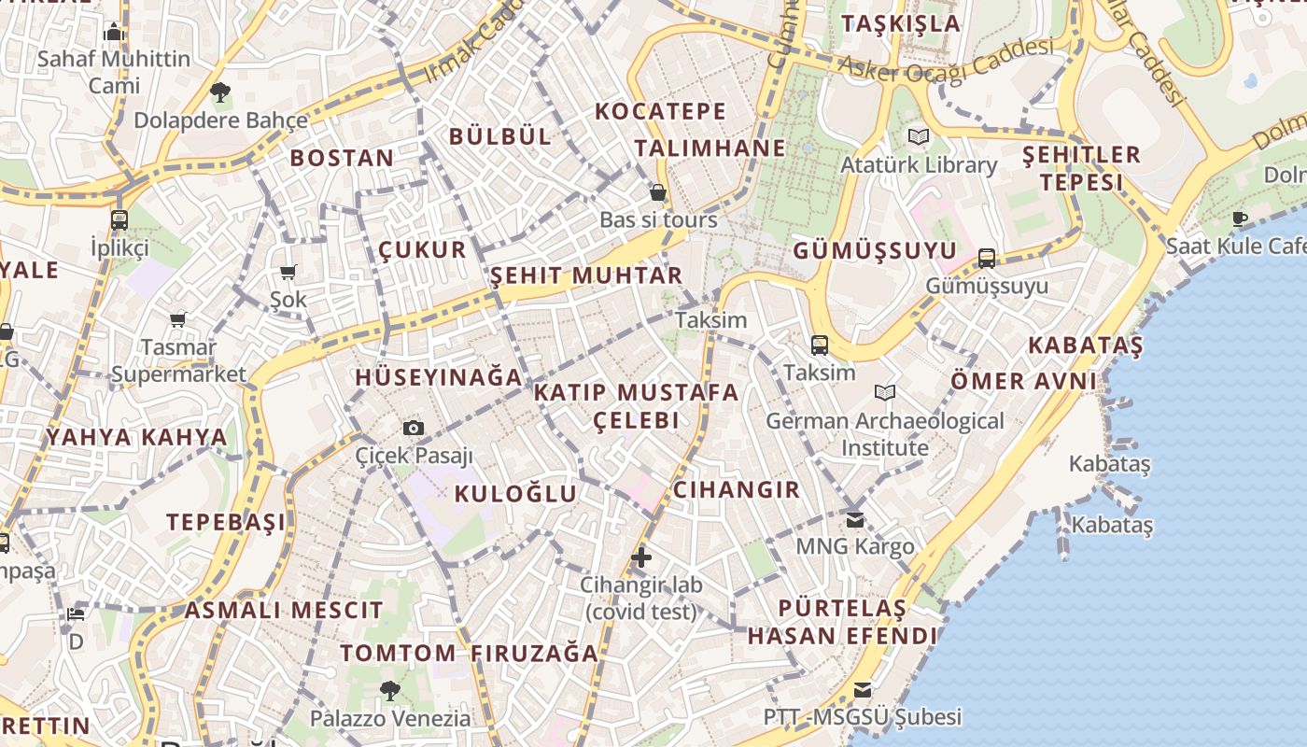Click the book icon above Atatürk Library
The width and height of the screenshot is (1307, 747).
pos(919,137)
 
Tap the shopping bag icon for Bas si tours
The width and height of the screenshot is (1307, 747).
pos(658,193)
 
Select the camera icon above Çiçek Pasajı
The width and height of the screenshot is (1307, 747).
pos(414,428)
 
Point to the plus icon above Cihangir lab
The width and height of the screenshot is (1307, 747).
pos(641,557)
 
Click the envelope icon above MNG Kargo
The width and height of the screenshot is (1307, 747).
pos(855,519)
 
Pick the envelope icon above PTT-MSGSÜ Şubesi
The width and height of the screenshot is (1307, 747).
pos(863,690)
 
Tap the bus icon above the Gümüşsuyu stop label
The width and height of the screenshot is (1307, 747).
pos(987,259)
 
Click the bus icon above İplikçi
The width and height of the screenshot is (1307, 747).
pos(119,220)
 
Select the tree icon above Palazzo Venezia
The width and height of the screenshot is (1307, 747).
pos(390,691)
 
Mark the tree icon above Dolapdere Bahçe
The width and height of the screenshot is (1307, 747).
pos(220,92)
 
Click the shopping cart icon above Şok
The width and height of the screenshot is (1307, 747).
pos(288,273)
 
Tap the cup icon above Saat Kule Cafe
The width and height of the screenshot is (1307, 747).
pos(1240,219)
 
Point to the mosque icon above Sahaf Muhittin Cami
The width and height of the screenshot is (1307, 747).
pos(115,33)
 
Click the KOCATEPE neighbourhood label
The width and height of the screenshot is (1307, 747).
pos(660,112)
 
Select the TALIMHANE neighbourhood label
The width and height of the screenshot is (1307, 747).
pos(710,148)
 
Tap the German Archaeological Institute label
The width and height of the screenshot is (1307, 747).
pos(885,434)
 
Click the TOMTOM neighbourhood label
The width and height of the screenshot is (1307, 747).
pos(398,653)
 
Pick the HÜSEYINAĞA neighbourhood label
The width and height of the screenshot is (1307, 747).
pos(438,377)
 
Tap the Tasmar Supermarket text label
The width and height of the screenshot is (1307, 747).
pos(178,360)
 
